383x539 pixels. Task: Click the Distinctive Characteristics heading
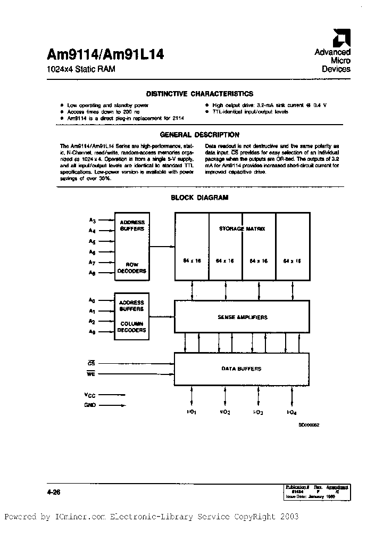click(199, 94)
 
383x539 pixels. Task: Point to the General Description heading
click(199, 135)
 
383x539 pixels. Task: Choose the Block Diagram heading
click(199, 198)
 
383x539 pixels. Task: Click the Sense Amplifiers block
click(242, 317)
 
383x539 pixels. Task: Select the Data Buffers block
click(242, 369)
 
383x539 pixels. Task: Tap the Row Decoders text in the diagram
click(132, 268)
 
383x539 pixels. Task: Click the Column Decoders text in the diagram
click(132, 327)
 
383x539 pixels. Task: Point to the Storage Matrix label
click(242, 229)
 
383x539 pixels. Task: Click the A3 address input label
click(92, 220)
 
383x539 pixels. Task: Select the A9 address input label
click(92, 332)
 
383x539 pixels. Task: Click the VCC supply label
click(89, 395)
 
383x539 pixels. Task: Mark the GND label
click(89, 405)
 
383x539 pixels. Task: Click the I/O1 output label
click(193, 412)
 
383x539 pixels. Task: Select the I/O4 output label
click(292, 412)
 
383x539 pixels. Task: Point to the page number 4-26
click(54, 492)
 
